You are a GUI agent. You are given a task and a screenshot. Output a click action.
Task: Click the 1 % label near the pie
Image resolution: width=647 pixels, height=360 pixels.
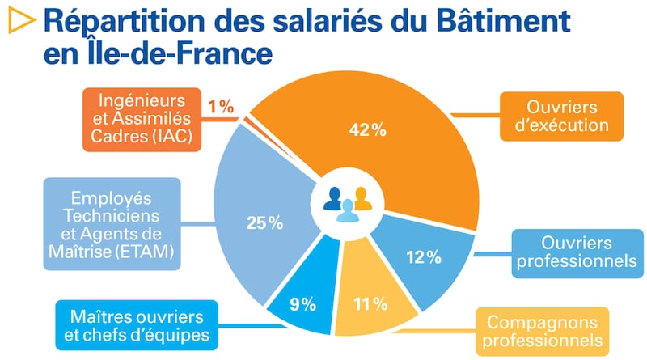(x=221, y=106)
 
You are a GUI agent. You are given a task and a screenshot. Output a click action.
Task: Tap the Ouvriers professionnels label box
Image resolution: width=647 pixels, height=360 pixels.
(x=575, y=252)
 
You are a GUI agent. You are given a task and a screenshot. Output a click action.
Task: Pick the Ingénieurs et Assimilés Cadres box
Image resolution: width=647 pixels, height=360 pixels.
(x=139, y=120)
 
